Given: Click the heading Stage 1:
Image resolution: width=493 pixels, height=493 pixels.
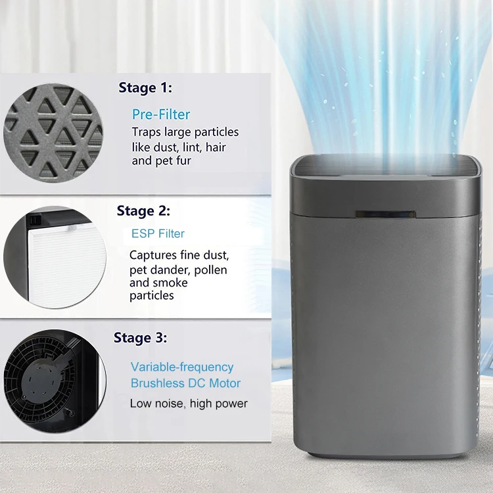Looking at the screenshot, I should (x=145, y=87).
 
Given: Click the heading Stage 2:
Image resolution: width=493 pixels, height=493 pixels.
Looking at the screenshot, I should (x=143, y=211).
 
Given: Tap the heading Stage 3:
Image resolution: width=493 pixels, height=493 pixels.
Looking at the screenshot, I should (x=140, y=338).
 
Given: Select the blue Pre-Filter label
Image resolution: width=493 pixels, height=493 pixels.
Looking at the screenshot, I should (x=161, y=114).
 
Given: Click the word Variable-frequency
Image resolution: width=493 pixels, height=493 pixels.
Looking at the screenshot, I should (x=181, y=367).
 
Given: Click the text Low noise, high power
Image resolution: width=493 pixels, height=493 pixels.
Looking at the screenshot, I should (x=189, y=403).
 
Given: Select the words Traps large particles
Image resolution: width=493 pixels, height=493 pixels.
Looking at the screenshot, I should (x=185, y=132).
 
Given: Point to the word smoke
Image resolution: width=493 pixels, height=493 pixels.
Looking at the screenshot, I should (x=170, y=283).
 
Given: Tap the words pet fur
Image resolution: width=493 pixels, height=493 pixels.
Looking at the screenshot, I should (x=175, y=160).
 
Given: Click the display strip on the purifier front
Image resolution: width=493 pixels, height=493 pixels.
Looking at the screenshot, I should (x=385, y=215).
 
